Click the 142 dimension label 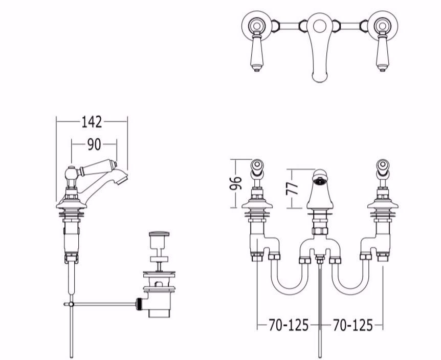tap(92, 122)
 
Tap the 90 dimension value tap(94, 144)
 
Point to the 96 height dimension tap(236, 183)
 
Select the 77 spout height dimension tap(292, 188)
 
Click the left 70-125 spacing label tap(289, 325)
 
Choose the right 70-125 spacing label tap(352, 325)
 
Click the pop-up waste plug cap tap(159, 234)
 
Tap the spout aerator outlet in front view tap(320, 181)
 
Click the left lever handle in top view tap(256, 52)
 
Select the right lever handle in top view tap(382, 52)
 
